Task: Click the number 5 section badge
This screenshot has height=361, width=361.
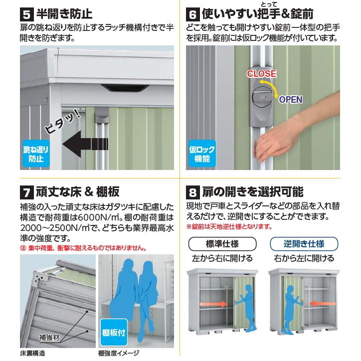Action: pos(27,12)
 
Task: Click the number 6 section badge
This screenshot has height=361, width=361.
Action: pos(193,12)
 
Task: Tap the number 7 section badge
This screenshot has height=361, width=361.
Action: pos(27,191)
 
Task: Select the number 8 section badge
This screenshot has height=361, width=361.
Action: pos(193,191)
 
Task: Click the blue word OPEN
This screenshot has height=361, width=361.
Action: pos(290,99)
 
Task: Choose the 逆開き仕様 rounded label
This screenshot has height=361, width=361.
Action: pos(304,244)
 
